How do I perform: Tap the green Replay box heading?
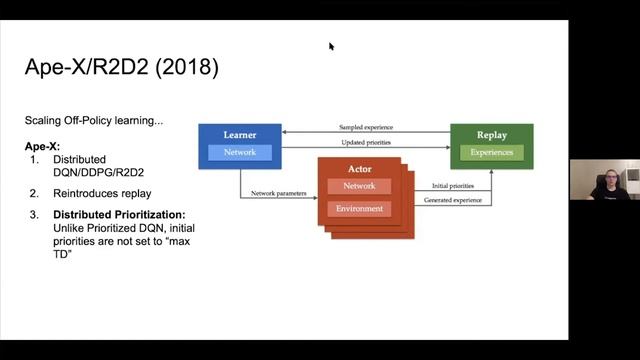click(x=491, y=134)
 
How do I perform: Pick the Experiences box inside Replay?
click(x=491, y=152)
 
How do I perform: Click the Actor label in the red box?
click(x=359, y=170)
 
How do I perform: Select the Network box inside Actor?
click(x=359, y=186)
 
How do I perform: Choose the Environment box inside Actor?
click(x=359, y=209)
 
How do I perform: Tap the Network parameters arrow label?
click(x=279, y=192)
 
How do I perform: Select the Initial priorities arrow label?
click(x=453, y=186)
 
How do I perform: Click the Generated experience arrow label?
click(x=453, y=201)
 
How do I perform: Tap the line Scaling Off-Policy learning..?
click(x=94, y=121)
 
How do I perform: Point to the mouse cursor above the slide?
click(x=331, y=46)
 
